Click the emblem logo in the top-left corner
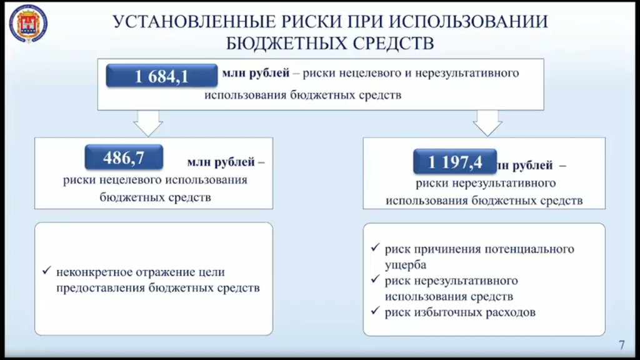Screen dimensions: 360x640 28,24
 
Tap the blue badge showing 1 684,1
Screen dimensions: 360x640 162,76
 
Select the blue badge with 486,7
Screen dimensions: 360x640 124,158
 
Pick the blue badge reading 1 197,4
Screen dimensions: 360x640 455,162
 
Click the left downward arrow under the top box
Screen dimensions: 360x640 148,123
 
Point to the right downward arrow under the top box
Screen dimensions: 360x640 487,123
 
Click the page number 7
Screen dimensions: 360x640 621,344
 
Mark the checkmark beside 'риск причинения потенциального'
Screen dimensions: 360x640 374,249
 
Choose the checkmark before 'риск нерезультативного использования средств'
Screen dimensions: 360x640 374,281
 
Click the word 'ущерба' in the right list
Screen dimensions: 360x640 405,265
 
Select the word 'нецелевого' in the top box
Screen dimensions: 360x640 371,74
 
